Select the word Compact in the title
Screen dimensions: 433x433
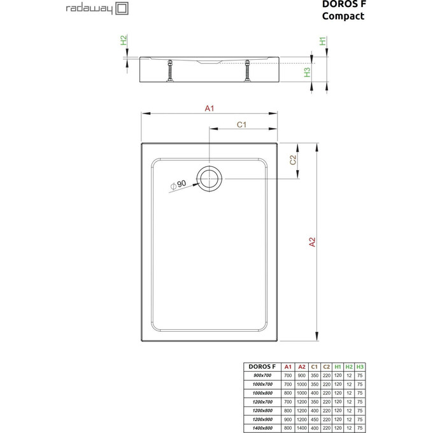point(343,17)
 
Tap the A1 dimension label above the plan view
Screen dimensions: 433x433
point(209,109)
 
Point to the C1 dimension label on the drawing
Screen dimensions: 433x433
point(241,125)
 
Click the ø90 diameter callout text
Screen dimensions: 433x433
point(178,184)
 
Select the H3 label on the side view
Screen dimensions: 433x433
point(307,73)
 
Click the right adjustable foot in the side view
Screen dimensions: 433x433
point(246,70)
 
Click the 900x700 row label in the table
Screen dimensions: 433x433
point(262,376)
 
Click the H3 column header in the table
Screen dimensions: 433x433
point(360,367)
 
